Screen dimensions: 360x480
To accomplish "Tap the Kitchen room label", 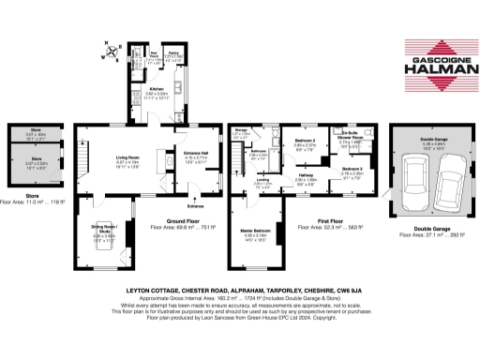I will pyautogui.click(x=156, y=91).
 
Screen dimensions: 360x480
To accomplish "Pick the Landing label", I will pyautogui.click(x=264, y=180).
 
